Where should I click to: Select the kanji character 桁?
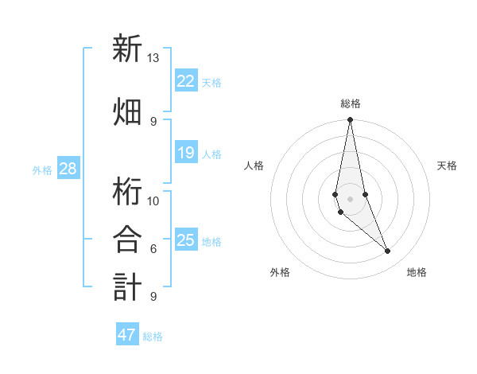pos(127,189)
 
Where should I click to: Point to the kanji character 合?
pos(127,238)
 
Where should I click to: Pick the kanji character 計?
pos(127,286)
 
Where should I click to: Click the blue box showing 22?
pos(186,80)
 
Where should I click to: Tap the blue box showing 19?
pos(186,153)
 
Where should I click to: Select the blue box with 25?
pos(186,240)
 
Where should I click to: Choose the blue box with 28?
pos(68,169)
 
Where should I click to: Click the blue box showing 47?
pos(127,335)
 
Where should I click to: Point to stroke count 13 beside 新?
pos(153,58)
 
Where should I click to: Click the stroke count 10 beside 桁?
pos(153,201)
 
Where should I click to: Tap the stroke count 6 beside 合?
pos(153,248)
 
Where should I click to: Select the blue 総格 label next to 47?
pos(153,337)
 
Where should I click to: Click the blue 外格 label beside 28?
pos(42,169)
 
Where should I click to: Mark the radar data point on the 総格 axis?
pos(350,120)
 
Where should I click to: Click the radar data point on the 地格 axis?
pos(388,251)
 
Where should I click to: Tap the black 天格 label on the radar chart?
pos(448,166)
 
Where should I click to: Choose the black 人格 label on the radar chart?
pos(254,166)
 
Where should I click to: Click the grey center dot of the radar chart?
pos(350,198)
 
